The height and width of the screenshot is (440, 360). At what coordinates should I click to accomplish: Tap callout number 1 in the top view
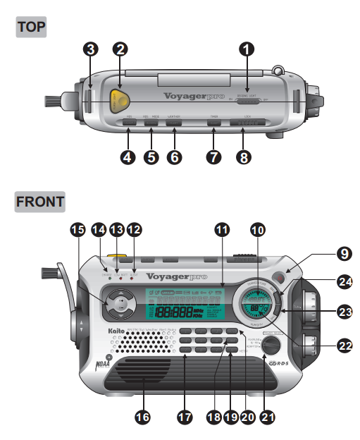coord(247,49)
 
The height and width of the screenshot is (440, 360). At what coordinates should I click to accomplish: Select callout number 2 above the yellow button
coord(121,49)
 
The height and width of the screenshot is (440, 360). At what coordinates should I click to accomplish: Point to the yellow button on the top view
coord(122,99)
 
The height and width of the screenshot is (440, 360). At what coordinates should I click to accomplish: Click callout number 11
coord(223,229)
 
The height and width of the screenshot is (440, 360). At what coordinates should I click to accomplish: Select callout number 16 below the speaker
coord(142,417)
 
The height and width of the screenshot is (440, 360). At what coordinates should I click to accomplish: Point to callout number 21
coord(266,417)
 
